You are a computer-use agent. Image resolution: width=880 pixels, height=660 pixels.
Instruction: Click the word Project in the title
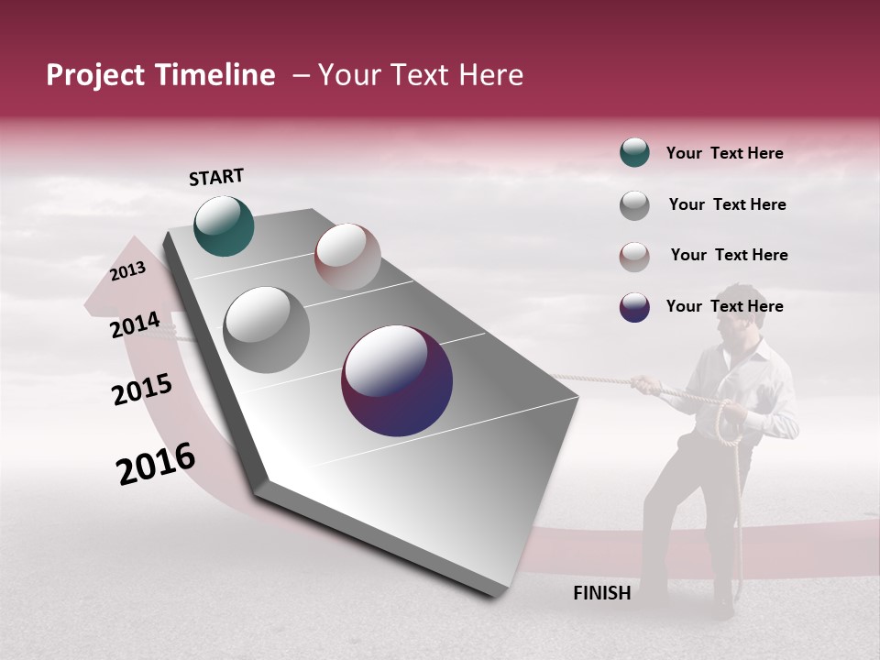[x=96, y=75]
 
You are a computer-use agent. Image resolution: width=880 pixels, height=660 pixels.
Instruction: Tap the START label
[x=216, y=177]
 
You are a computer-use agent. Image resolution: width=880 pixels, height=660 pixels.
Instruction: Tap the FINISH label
[x=601, y=593]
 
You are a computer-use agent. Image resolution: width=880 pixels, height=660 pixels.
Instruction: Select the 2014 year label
[x=135, y=324]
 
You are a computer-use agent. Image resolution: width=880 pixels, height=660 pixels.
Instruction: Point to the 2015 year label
[x=141, y=390]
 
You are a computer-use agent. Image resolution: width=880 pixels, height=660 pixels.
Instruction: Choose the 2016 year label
[x=156, y=464]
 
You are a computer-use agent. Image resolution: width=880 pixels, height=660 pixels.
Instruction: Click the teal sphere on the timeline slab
[x=224, y=225]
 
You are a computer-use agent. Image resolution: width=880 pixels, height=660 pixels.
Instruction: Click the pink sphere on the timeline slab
[x=347, y=257]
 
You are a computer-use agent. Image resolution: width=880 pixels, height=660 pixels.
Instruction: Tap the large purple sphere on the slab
[x=397, y=380]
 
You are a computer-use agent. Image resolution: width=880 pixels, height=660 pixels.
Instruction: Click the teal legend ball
[x=634, y=153]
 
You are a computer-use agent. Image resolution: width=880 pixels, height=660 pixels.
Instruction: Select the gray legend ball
[x=634, y=205]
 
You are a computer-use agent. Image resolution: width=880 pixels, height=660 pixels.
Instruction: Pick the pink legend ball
[x=634, y=257]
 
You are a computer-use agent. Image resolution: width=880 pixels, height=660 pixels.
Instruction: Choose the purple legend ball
[x=634, y=307]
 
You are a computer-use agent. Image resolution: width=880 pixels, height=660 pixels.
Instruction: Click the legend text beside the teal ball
[x=724, y=153]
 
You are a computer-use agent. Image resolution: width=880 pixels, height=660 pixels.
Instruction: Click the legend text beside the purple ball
[x=724, y=306]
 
